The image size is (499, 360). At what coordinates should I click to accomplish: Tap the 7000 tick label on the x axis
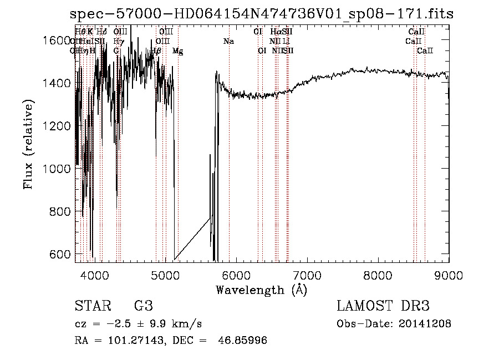click(x=307, y=274)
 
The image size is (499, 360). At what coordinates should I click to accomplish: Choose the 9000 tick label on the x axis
click(x=449, y=274)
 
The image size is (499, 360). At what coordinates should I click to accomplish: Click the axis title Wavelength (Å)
click(x=261, y=290)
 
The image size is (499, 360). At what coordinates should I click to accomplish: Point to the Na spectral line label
click(x=228, y=41)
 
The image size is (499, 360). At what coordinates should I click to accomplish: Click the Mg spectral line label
click(x=178, y=51)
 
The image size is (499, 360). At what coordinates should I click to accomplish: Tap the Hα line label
click(x=276, y=32)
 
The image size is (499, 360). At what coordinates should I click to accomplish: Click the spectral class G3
click(x=144, y=306)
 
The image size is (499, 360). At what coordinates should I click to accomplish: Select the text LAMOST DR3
click(x=383, y=306)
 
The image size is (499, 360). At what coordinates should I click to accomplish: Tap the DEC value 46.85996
click(x=243, y=341)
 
